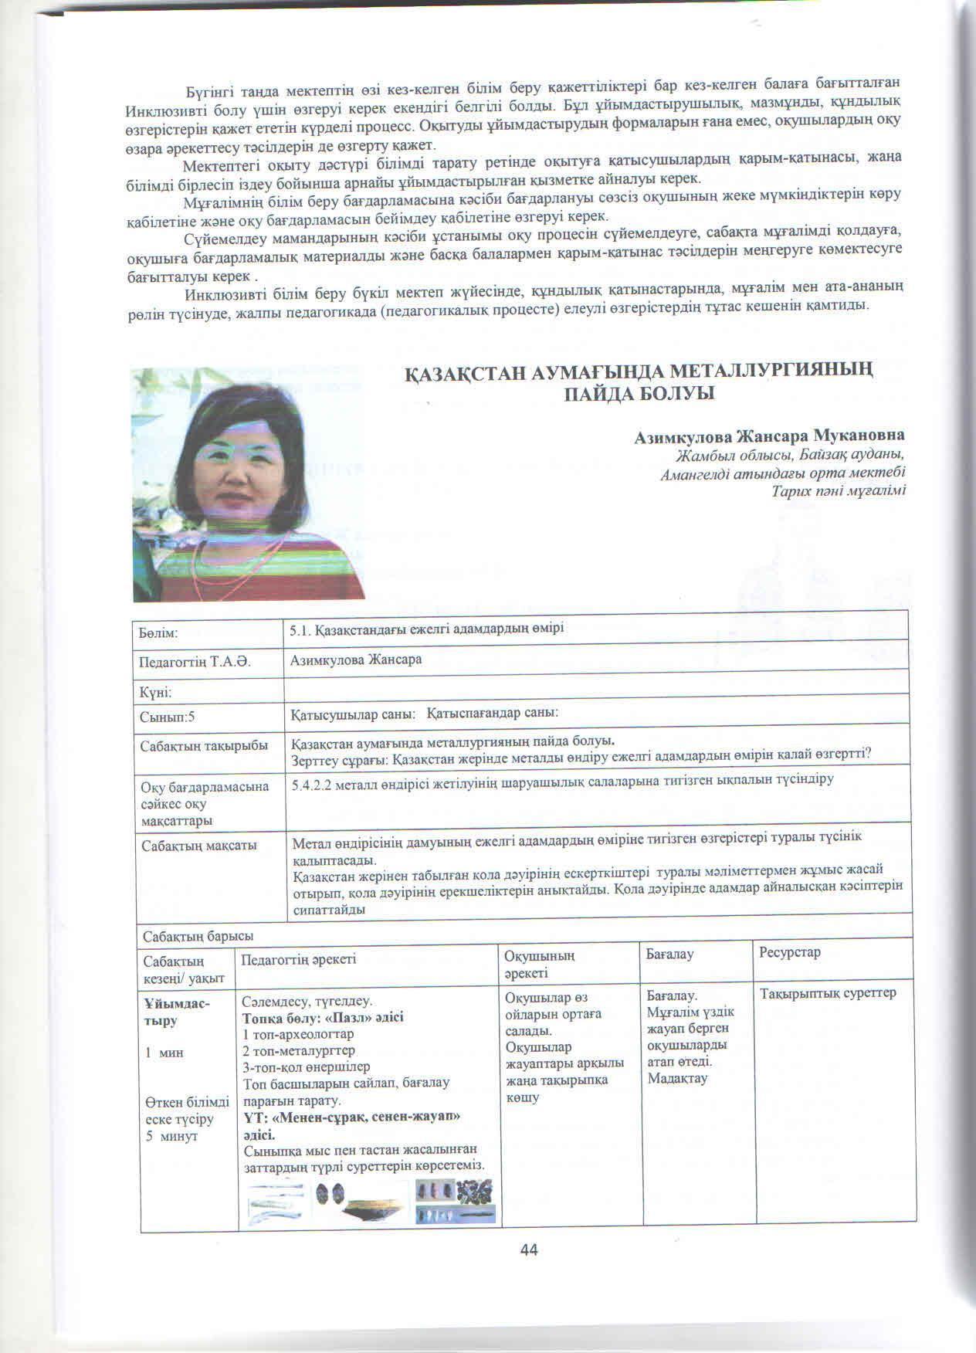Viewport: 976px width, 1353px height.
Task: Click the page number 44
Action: (529, 1250)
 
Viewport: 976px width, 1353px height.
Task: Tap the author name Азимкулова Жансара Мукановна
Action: (769, 436)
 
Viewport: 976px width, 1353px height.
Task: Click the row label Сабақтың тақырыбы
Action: (204, 747)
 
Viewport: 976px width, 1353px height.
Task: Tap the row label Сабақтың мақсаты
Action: (198, 845)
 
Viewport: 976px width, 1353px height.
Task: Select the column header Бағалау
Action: (669, 955)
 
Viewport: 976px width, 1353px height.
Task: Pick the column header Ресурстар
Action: (790, 952)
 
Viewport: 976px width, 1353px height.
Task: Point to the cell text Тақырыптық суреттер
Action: (829, 992)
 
